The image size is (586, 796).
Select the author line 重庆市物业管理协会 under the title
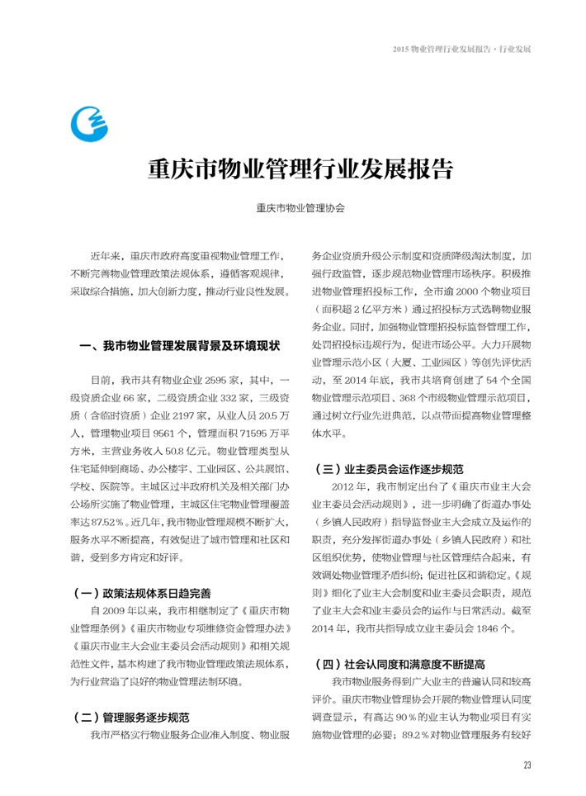(x=300, y=209)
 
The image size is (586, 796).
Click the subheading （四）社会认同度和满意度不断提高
(x=399, y=664)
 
